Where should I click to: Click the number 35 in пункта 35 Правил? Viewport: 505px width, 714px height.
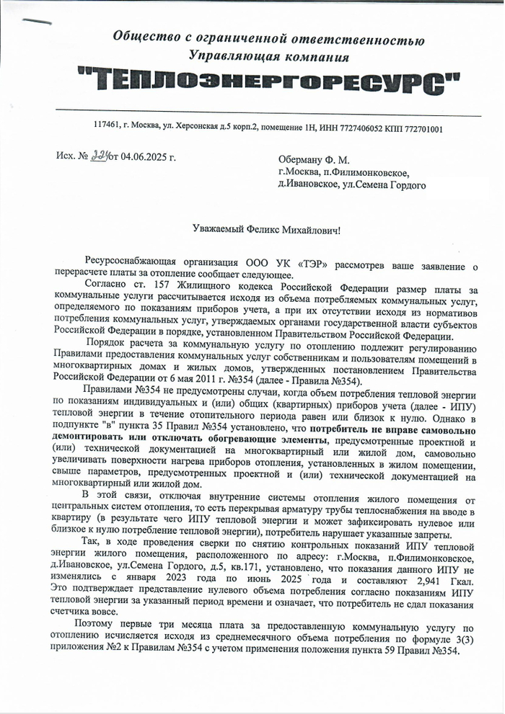(146, 428)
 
